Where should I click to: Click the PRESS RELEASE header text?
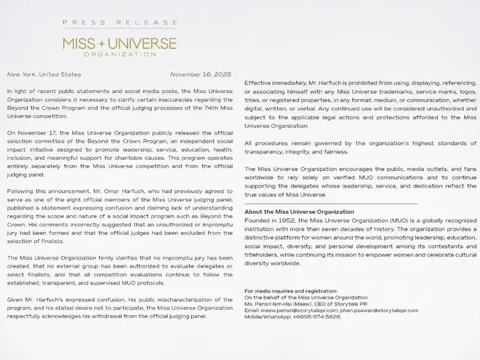(x=119, y=23)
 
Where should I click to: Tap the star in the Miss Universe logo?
(x=119, y=43)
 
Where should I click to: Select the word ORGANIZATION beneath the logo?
(x=119, y=54)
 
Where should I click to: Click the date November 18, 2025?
(x=202, y=74)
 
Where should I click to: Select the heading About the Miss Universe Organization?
(x=298, y=212)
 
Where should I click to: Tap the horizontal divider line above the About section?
(x=331, y=203)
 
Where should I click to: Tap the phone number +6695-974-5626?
(x=317, y=316)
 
